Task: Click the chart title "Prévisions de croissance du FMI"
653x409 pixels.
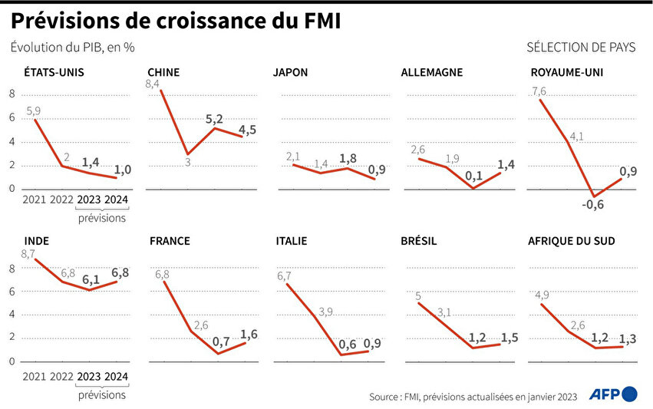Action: [x=176, y=21]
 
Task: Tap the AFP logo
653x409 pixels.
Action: [x=613, y=394]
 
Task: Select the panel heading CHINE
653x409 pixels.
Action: [x=163, y=73]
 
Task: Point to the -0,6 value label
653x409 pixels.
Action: [x=592, y=204]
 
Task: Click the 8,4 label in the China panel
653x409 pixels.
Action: [x=152, y=84]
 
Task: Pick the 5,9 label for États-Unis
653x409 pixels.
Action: [x=34, y=110]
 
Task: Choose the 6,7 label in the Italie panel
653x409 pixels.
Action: [x=285, y=275]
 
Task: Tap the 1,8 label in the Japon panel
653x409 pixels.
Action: [x=347, y=158]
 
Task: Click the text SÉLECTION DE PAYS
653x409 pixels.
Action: [x=581, y=48]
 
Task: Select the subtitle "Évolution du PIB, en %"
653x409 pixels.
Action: [x=73, y=48]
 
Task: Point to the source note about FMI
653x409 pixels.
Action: [x=473, y=396]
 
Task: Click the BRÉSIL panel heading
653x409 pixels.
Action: [x=419, y=240]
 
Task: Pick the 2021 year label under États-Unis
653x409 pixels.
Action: [x=35, y=200]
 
